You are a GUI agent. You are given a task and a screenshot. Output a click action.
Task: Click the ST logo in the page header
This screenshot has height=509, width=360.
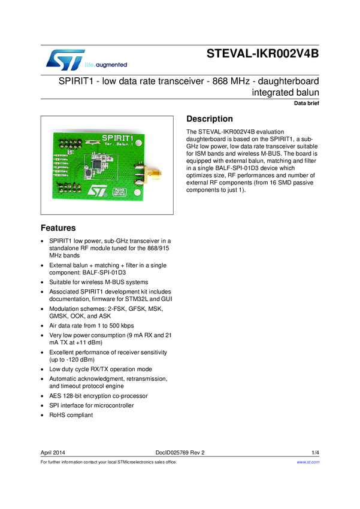(63, 59)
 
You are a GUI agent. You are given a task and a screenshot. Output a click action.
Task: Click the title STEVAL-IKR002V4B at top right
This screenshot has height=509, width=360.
(263, 53)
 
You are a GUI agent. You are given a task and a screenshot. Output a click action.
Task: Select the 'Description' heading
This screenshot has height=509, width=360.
(210, 119)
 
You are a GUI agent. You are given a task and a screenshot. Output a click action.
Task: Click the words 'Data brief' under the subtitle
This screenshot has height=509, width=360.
(306, 104)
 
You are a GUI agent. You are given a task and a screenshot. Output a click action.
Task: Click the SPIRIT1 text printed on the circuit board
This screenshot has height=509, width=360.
(113, 139)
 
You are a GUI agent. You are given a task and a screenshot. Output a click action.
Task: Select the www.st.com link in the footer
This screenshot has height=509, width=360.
(308, 462)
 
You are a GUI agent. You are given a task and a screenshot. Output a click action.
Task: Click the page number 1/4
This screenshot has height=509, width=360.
(315, 452)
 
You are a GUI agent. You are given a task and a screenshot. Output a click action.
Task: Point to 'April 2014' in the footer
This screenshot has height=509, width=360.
(53, 452)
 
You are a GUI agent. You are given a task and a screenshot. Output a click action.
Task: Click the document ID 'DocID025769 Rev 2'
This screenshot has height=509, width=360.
(180, 452)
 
